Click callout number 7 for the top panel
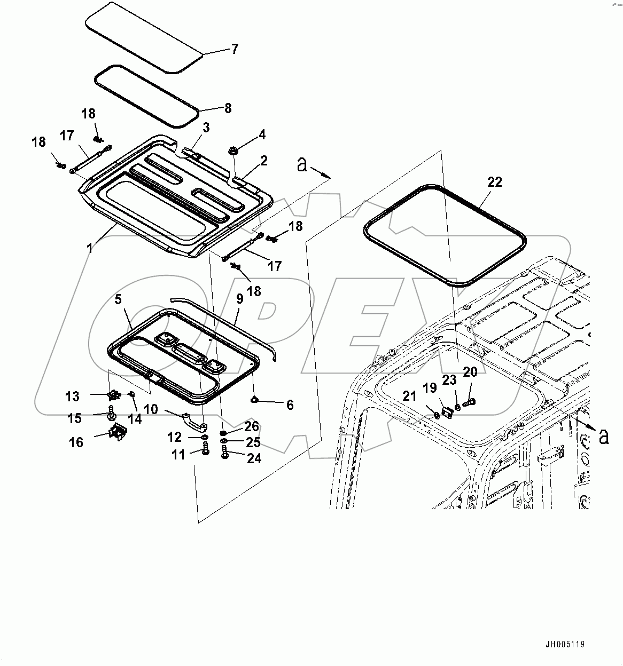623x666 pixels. pos(234,50)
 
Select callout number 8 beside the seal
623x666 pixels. pos(228,108)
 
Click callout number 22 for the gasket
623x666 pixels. pos(495,182)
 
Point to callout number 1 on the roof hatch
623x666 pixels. pos(90,249)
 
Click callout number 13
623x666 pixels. pos(72,397)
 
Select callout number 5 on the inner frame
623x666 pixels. pos(118,299)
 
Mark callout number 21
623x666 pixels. pos(409,396)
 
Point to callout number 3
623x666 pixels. pos(206,128)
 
